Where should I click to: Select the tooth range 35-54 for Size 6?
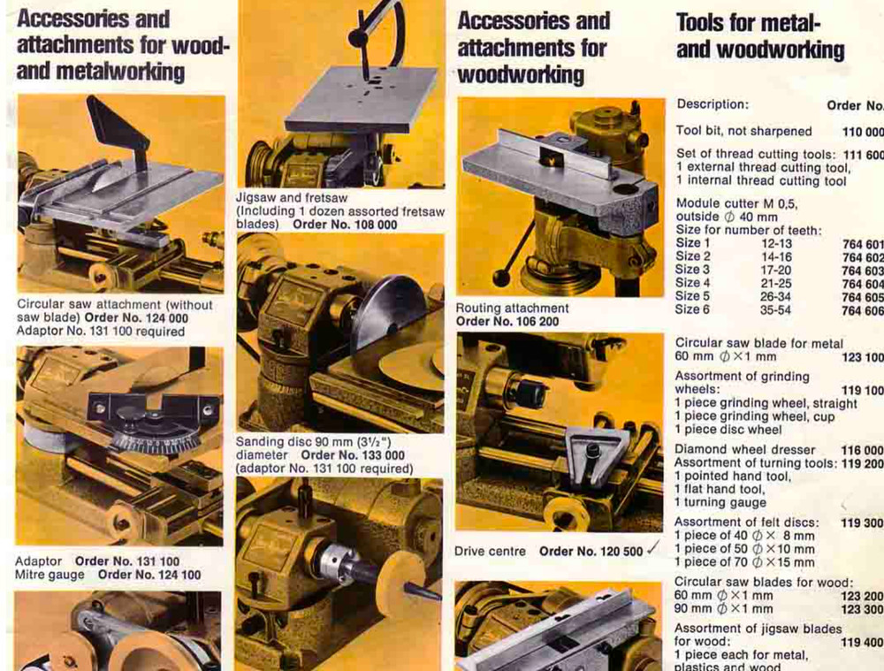[775, 310]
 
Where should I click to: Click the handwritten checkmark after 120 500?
[653, 549]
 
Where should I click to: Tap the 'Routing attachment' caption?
[512, 308]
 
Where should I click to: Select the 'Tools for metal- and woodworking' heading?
[759, 36]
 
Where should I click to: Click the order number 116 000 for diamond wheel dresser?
[862, 449]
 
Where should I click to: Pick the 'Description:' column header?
[712, 104]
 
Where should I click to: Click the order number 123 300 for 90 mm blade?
[862, 609]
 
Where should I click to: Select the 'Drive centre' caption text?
[490, 551]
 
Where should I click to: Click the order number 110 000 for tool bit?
[862, 131]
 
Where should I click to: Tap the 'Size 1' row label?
[692, 243]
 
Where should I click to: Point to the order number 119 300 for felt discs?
[862, 522]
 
